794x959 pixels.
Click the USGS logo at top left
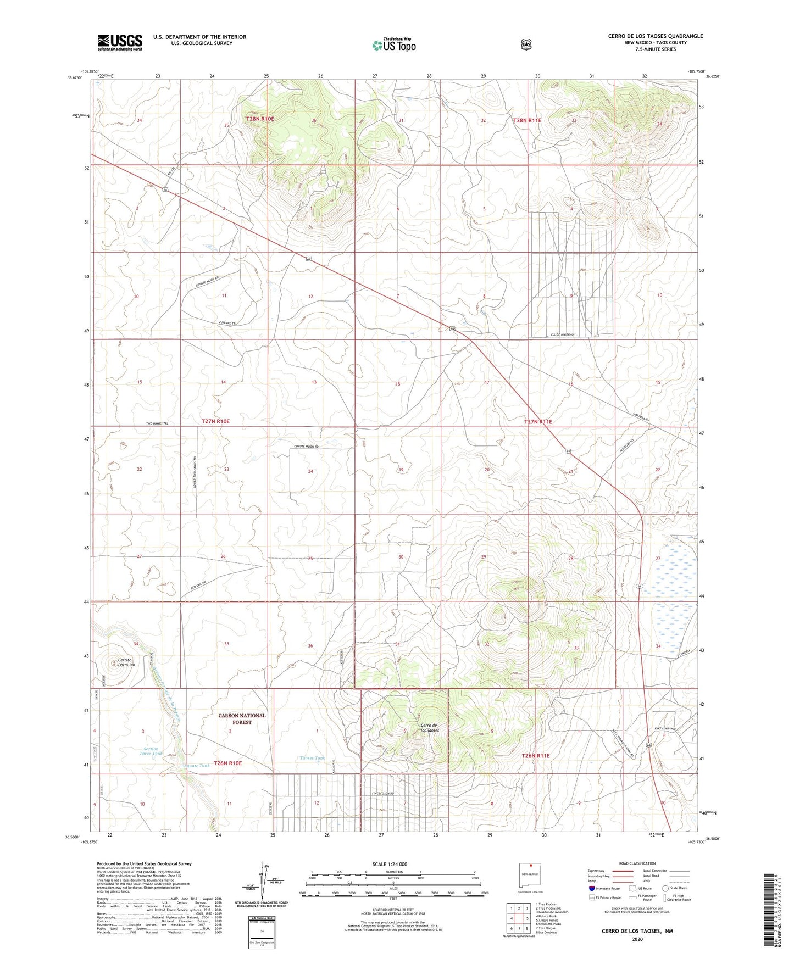click(x=120, y=42)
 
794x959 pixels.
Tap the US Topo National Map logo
click(x=392, y=44)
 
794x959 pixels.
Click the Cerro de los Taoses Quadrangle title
click(x=655, y=36)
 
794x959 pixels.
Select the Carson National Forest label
click(x=241, y=718)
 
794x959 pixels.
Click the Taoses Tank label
click(x=313, y=758)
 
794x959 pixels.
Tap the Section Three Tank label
click(x=150, y=751)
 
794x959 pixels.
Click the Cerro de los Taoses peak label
click(x=430, y=727)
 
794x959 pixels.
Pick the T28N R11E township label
click(x=531, y=120)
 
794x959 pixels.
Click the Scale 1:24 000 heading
click(x=390, y=864)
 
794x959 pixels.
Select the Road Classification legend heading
click(x=637, y=863)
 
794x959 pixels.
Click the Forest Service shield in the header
click(x=526, y=44)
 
